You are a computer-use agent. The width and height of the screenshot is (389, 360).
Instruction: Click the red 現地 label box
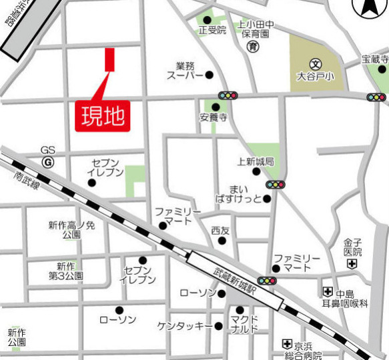coord(103,115)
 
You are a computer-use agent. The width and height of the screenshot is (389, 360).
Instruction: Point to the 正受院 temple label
coord(212,30)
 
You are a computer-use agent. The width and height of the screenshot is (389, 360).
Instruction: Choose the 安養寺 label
coord(214,117)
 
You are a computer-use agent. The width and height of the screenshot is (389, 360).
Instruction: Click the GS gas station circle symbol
coord(47,162)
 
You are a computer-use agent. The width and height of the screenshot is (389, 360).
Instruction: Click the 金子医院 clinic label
coord(353,248)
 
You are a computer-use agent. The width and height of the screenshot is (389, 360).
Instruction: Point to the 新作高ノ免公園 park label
coord(71,230)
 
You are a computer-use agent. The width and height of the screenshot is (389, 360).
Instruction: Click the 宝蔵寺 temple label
coord(374,59)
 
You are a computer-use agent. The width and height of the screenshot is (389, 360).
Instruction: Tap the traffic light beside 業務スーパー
coord(228,96)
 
